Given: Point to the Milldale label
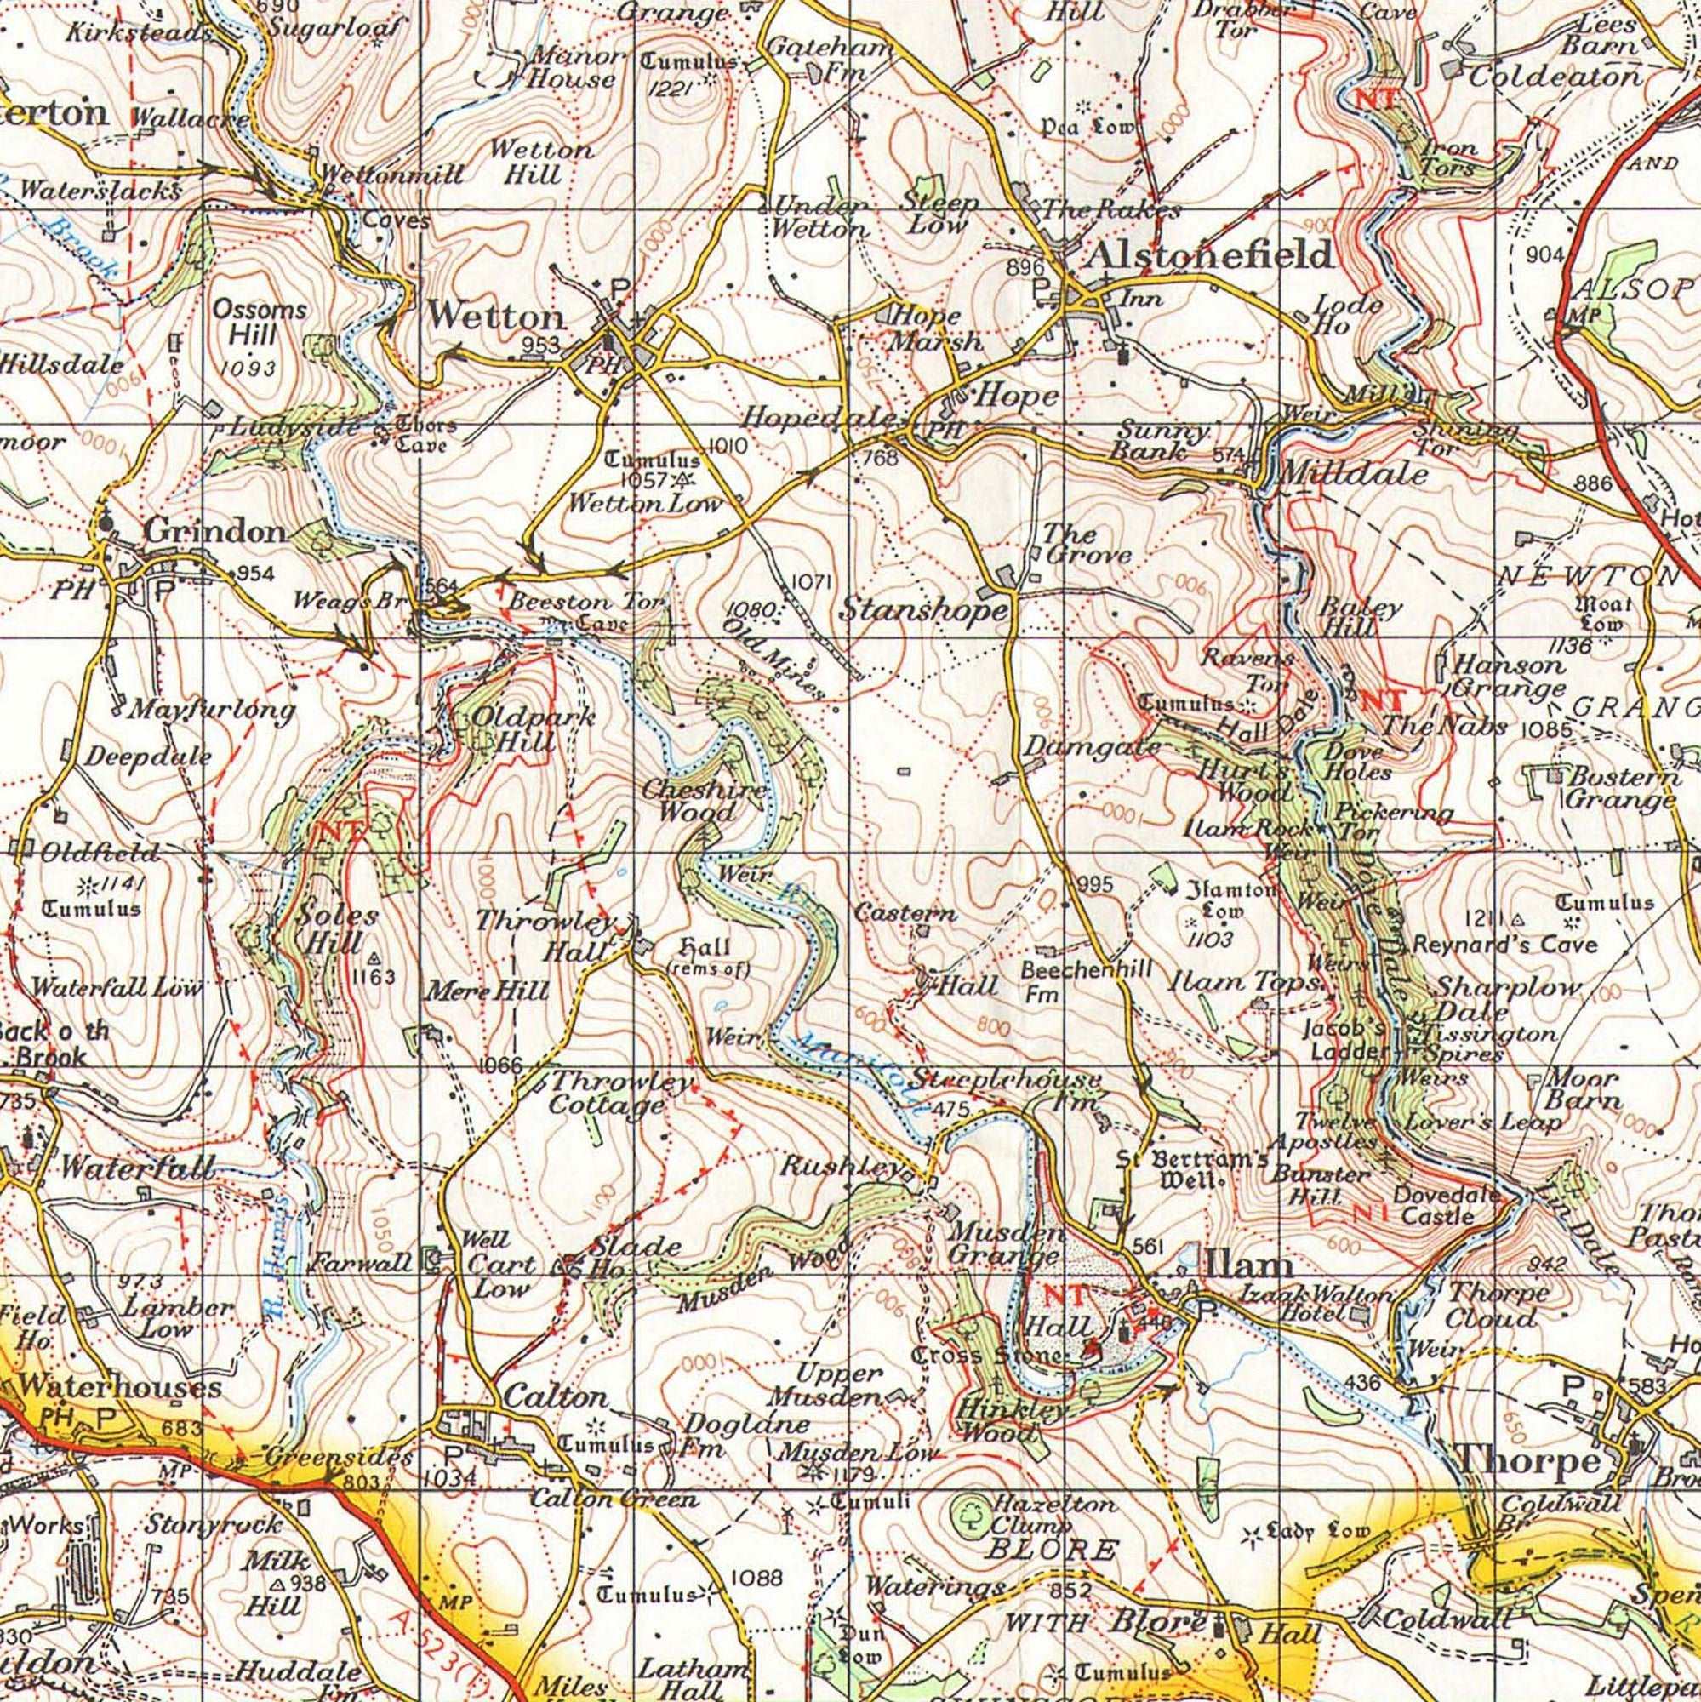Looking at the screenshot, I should tap(1352, 475).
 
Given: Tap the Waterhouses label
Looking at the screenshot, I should tap(119, 1385).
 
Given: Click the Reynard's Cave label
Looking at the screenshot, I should tap(1504, 945).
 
